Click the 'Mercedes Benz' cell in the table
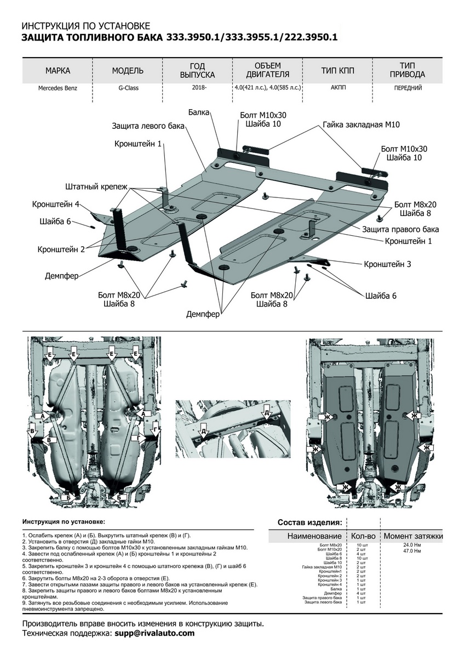click(x=58, y=87)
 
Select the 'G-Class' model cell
click(x=128, y=87)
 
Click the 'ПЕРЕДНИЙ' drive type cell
click(x=407, y=87)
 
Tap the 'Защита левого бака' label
click(x=148, y=126)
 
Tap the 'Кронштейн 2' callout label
click(x=61, y=249)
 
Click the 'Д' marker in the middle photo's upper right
click(x=266, y=412)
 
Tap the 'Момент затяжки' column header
click(x=413, y=536)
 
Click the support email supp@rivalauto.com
click(x=154, y=633)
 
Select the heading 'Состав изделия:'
click(x=310, y=522)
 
